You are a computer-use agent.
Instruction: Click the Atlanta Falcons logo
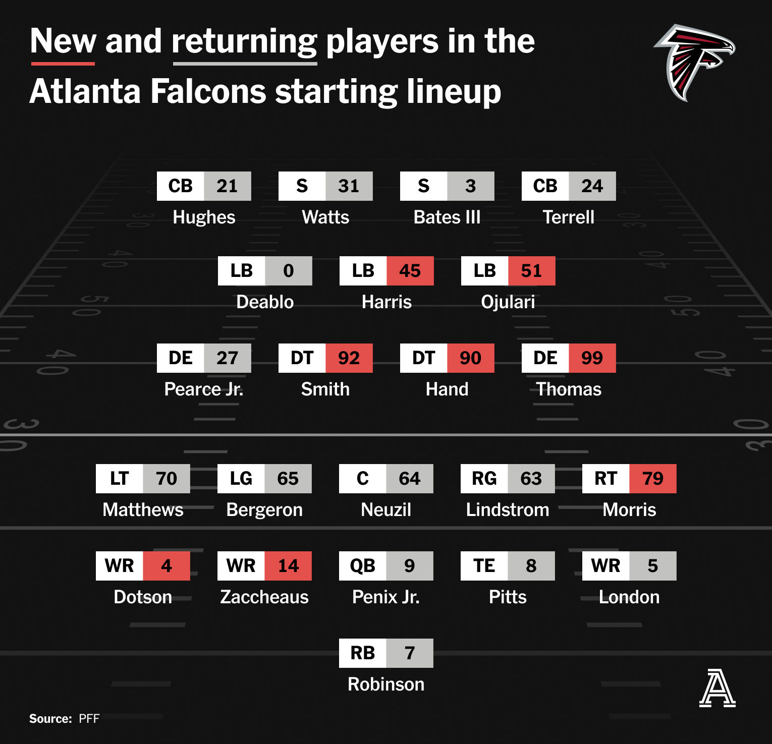(694, 62)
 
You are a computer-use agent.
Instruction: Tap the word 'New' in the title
(63, 41)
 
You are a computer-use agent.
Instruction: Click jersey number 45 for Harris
(410, 271)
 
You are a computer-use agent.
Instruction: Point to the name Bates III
(447, 217)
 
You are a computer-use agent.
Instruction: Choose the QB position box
(363, 566)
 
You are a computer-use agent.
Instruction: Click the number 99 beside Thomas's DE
(592, 358)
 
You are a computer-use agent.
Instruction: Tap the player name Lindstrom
(508, 509)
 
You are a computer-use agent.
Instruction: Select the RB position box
(363, 653)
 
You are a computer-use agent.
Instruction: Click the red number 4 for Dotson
(167, 566)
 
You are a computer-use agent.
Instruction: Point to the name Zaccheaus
(264, 597)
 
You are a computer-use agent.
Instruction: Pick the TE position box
(484, 566)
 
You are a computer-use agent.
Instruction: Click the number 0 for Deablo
(289, 271)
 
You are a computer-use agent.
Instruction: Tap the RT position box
(606, 479)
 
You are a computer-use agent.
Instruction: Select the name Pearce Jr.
(204, 389)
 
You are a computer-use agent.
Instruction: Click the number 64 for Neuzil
(410, 479)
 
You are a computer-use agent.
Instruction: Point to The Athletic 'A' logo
(718, 688)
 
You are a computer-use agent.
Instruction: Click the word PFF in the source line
(89, 719)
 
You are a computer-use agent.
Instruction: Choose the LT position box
(120, 479)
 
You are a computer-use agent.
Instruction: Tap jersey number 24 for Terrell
(592, 186)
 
